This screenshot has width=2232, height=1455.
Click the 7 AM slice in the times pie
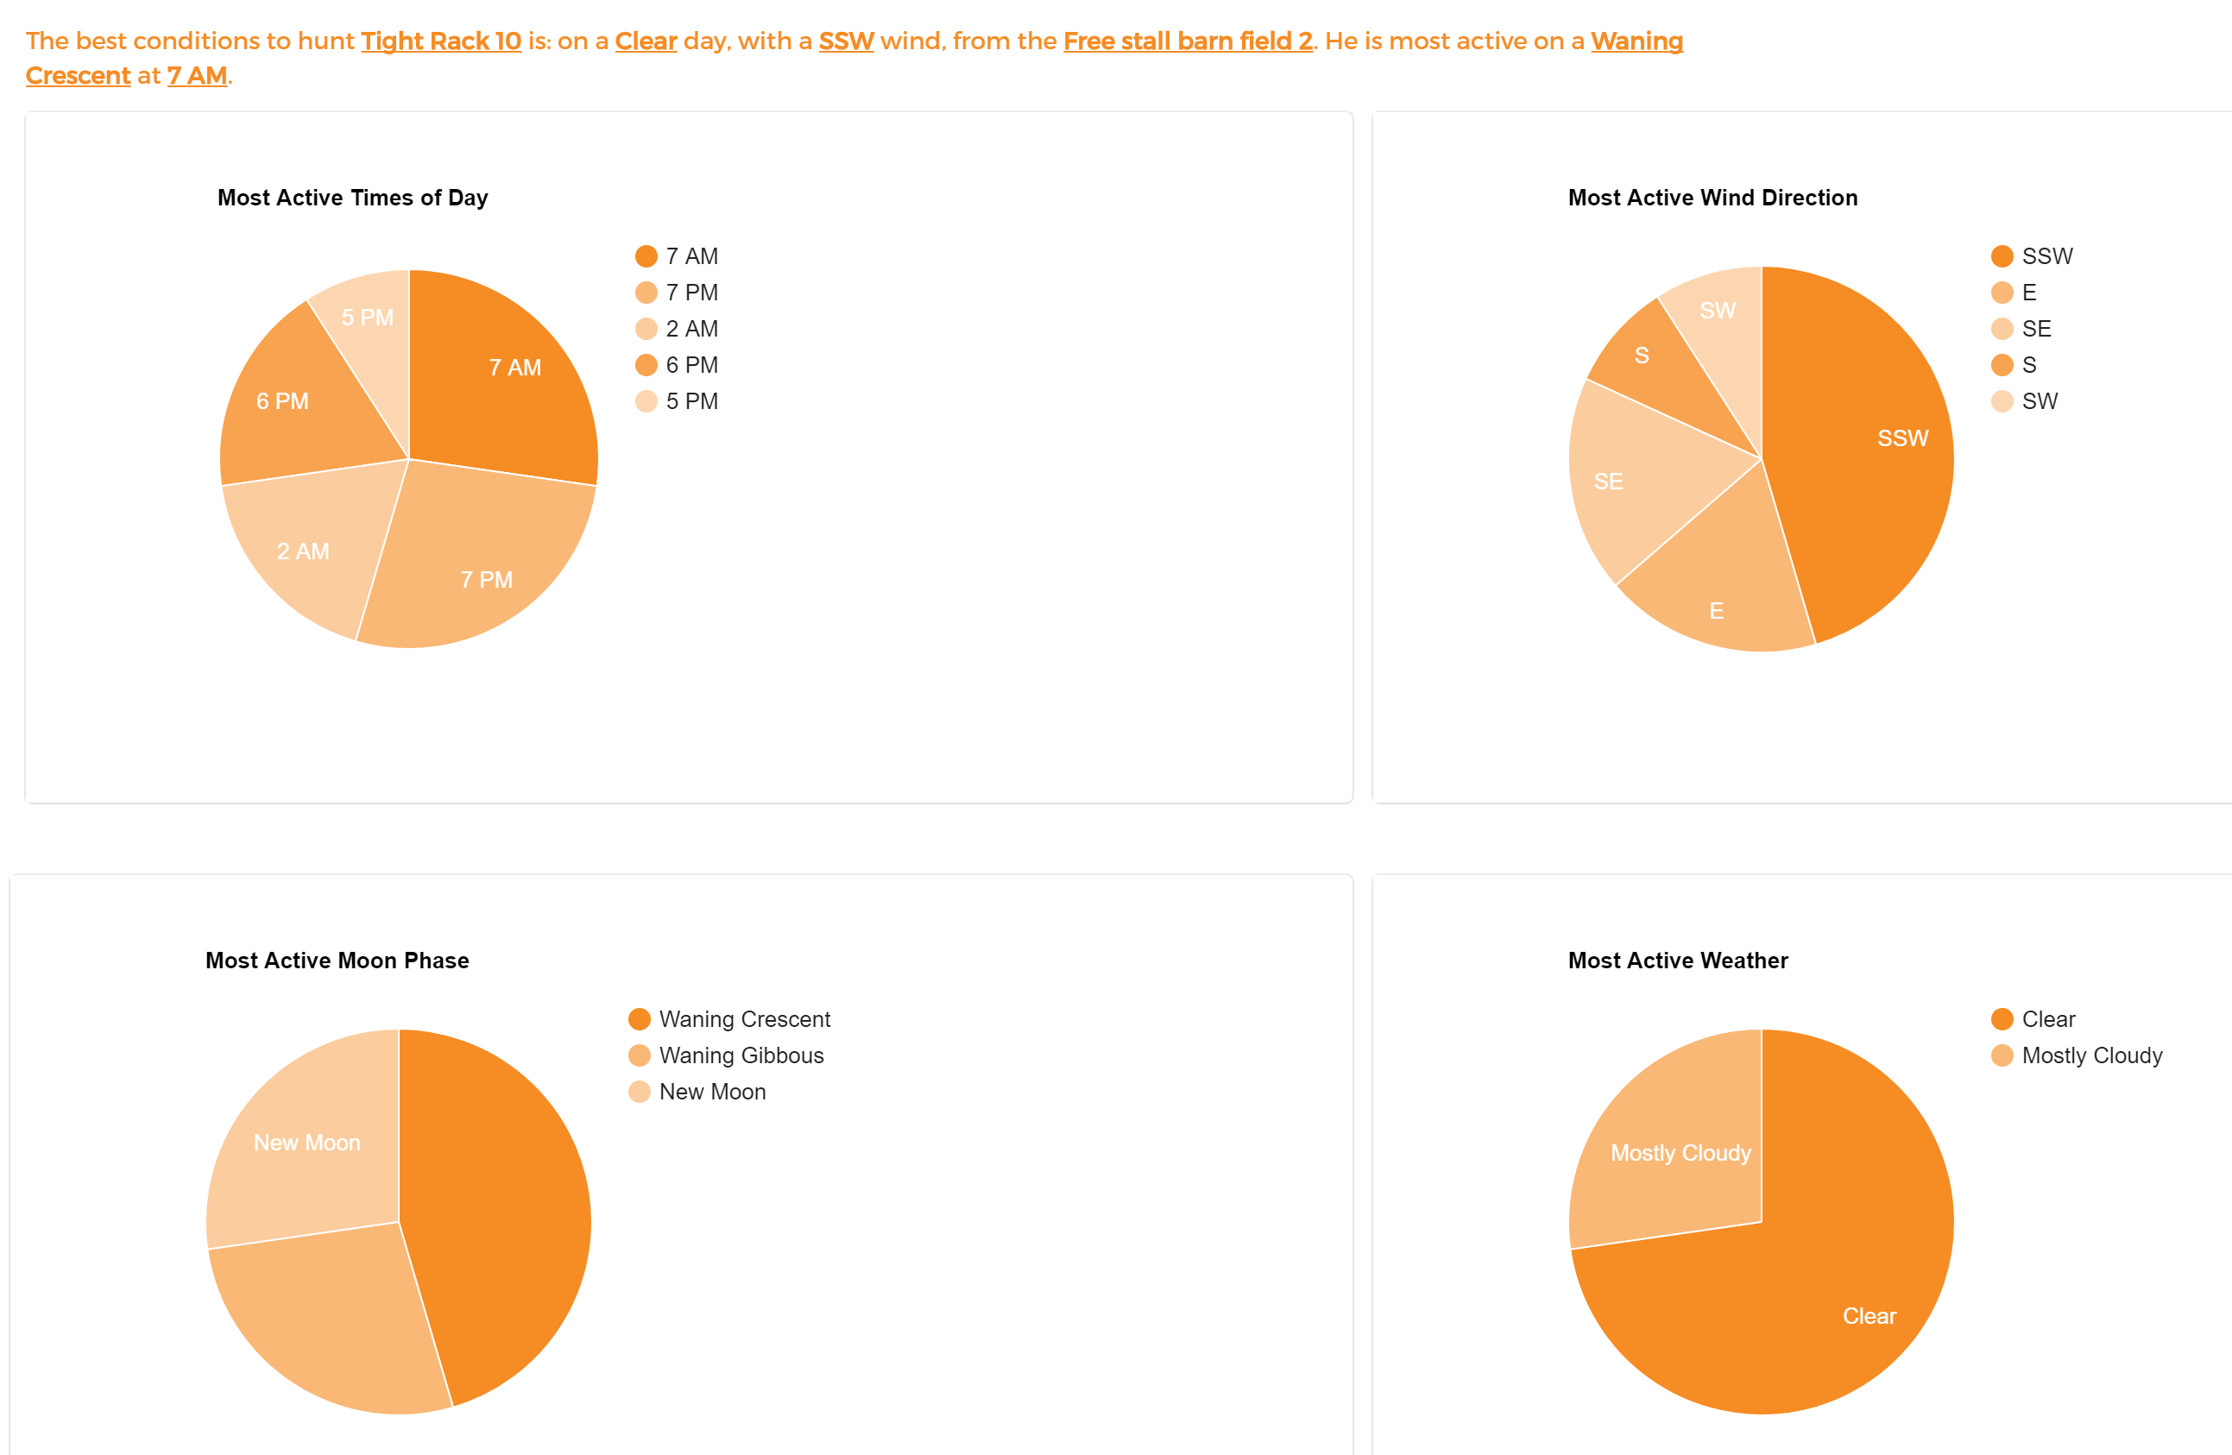507,375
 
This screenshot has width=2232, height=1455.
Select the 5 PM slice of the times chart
368,318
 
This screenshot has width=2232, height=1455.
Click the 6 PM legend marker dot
646,365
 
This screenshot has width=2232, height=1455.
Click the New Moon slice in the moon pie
306,1143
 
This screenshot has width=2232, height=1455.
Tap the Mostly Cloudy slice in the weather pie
1680,1154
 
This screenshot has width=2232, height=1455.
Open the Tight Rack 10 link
441,41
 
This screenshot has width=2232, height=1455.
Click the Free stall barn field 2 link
1188,41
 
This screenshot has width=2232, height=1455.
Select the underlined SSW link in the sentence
846,41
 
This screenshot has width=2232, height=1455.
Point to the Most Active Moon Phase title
337,960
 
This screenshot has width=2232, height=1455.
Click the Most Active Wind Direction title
1712,198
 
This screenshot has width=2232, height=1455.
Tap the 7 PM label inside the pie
487,580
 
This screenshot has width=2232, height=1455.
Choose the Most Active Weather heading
1678,960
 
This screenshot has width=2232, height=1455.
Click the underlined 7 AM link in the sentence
197,76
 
